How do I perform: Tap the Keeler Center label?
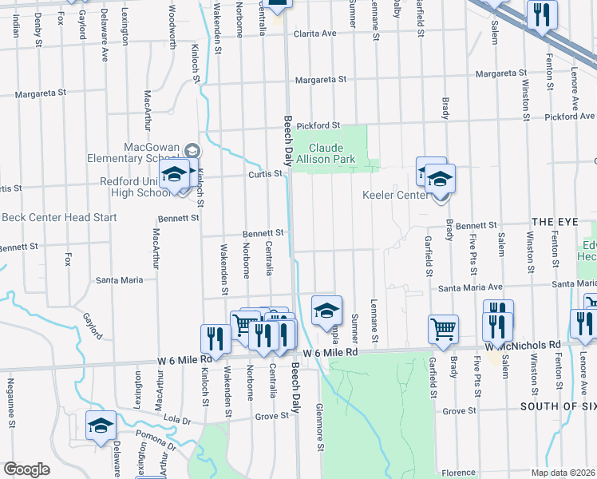click(396, 195)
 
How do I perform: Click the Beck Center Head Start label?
click(59, 217)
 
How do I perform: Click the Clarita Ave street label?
click(315, 34)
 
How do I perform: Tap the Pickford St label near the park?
click(318, 125)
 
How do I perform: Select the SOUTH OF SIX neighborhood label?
click(558, 406)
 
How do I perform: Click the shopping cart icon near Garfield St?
click(443, 329)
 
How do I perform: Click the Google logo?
click(26, 469)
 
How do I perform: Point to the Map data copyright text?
click(561, 473)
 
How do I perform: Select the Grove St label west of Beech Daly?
click(271, 417)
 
